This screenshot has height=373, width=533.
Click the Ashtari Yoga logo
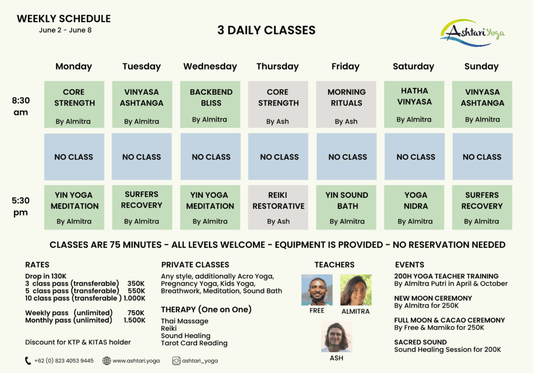pos(473,33)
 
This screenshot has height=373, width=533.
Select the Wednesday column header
pos(210,67)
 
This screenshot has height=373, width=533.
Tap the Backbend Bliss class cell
pos(210,104)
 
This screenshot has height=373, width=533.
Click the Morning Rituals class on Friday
pos(346,104)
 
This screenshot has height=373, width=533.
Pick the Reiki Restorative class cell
pos(278,207)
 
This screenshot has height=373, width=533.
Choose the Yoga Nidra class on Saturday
pos(414,207)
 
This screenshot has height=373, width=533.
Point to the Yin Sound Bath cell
pos(346,207)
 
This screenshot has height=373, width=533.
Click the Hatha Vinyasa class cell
pos(414,104)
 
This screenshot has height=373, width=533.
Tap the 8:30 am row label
pos(21,106)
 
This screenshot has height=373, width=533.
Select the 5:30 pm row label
pos(21,207)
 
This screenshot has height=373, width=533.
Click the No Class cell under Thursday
pos(278,157)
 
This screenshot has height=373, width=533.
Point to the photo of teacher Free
pos(317,290)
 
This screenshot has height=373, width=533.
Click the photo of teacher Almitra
pos(356,290)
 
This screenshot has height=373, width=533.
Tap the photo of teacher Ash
pos(337,337)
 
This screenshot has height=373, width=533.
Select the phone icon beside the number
pos(28,361)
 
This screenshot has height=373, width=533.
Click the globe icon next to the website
pos(107,361)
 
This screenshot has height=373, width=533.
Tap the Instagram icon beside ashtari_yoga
pos(176,361)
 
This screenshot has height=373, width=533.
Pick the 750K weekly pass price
pos(136,313)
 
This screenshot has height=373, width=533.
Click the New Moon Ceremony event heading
pos(433,298)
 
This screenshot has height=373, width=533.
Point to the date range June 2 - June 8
pos(65,30)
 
